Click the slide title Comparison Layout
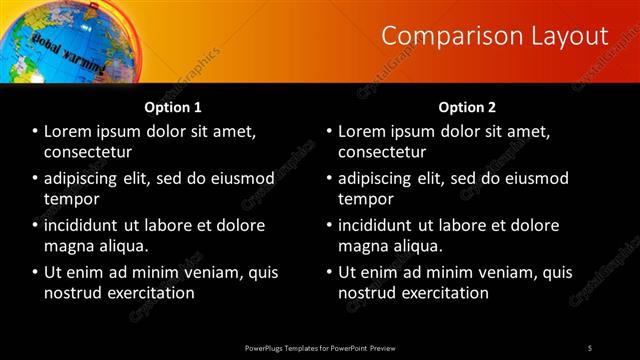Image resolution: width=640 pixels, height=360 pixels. coord(495,36)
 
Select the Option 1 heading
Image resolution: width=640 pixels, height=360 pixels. coord(173,107)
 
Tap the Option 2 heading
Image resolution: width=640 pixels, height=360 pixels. coord(467,107)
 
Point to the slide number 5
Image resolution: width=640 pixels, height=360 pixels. coord(590,348)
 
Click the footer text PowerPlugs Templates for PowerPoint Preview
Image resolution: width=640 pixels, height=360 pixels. coord(320,348)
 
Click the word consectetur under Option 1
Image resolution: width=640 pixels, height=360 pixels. coord(88,151)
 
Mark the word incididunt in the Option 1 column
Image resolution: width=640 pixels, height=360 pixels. coord(86,225)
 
